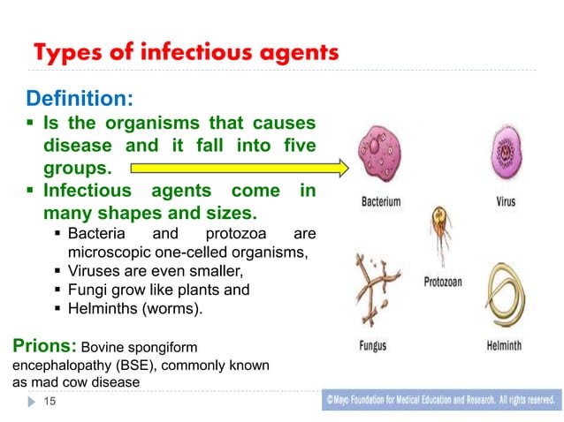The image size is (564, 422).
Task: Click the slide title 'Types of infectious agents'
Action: point(186,54)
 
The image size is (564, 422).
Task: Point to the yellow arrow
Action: point(239,166)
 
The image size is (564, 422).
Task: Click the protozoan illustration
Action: point(438,237)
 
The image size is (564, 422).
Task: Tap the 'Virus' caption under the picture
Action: point(506,201)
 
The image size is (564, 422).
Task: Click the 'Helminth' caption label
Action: point(507,346)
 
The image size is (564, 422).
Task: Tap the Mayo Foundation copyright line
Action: point(442,400)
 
